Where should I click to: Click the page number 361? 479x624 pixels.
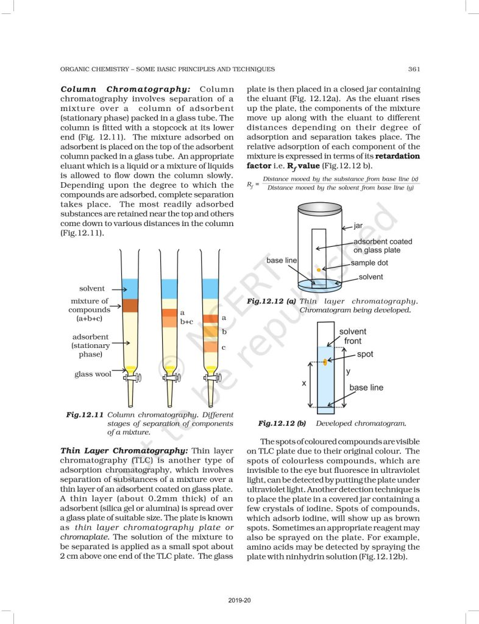(x=414, y=69)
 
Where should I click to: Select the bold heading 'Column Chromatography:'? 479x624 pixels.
(x=126, y=89)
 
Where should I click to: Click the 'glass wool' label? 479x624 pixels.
(x=93, y=374)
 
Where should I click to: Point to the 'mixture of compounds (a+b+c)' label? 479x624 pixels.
(x=89, y=310)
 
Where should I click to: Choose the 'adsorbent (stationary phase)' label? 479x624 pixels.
(x=90, y=345)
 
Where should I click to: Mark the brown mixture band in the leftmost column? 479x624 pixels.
(x=130, y=305)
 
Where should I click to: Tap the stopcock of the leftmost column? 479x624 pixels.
(x=132, y=378)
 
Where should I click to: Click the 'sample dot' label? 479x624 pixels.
(x=369, y=263)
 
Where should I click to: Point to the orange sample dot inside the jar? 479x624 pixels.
(x=319, y=269)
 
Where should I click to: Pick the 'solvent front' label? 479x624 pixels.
(x=353, y=336)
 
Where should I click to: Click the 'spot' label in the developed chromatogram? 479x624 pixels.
(x=365, y=354)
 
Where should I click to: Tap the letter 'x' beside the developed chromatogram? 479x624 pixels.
(x=304, y=384)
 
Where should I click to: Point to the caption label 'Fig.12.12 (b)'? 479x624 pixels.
(x=282, y=423)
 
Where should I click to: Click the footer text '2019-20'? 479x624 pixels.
(x=239, y=600)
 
